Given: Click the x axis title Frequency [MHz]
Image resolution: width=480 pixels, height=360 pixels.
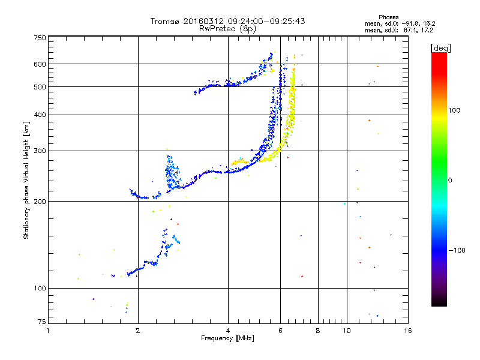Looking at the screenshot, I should tap(227, 338).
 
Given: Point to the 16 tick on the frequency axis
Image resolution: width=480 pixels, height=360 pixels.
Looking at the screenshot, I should tap(407, 331).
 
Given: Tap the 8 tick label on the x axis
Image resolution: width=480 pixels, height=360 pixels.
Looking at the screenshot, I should tap(318, 331).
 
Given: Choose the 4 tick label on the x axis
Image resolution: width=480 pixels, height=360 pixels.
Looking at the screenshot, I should tap(228, 331).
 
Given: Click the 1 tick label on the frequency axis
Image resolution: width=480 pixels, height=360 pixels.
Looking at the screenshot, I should tap(49, 331).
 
